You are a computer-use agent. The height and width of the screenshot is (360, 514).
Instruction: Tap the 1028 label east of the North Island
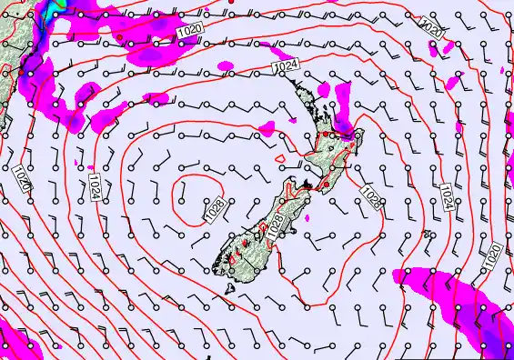tap(371, 193)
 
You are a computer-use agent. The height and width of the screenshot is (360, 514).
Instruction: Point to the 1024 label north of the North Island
tap(286, 67)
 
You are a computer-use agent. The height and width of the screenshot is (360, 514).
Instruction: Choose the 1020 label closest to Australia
tap(21, 177)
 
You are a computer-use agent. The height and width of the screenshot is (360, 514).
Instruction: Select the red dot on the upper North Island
tap(321, 135)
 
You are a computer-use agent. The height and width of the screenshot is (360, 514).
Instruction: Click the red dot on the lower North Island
tap(326, 185)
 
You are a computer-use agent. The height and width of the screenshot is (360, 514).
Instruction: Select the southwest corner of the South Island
tap(217, 266)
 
